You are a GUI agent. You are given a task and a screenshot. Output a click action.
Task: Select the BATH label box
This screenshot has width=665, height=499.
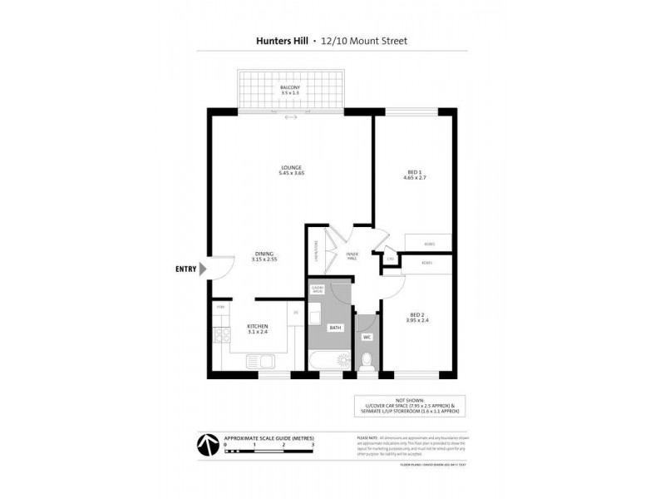tap(335, 328)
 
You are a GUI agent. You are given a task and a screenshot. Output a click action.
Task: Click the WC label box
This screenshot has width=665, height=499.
tap(367, 337)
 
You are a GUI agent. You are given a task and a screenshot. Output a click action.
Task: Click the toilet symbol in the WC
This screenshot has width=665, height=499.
tap(367, 361)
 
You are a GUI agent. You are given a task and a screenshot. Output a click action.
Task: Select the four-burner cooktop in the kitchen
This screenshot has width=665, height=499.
tap(222, 336)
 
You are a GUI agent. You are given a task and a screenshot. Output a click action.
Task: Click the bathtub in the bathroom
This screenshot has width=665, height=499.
tap(330, 361)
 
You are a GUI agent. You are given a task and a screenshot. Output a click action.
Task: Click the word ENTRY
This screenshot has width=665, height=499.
tap(186, 269)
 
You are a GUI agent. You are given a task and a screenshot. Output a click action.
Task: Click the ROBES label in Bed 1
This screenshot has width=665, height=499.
tap(429, 245)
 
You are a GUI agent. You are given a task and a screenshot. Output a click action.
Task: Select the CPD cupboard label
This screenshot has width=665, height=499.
tap(390, 259)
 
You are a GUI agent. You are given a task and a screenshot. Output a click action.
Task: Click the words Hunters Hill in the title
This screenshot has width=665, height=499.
tap(279, 39)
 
